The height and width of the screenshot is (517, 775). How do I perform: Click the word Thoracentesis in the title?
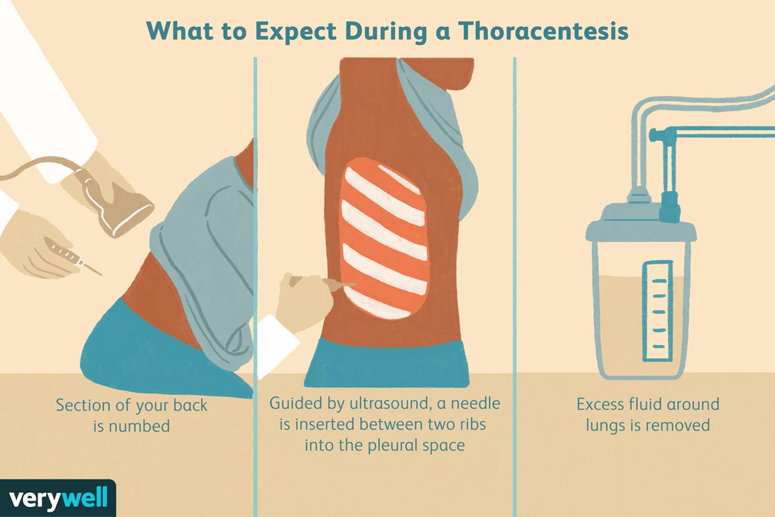(x=543, y=31)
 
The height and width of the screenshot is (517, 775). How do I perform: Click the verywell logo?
(x=58, y=499)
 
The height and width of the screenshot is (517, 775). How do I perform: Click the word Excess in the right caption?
(x=600, y=404)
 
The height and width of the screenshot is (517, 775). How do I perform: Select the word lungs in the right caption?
(x=605, y=425)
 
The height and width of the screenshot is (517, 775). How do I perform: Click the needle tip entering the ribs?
(x=355, y=285)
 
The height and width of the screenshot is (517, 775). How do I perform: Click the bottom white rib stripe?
(x=376, y=305)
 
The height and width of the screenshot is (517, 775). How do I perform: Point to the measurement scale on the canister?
(x=658, y=310)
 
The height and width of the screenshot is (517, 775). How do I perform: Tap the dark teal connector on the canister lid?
(x=670, y=206)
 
